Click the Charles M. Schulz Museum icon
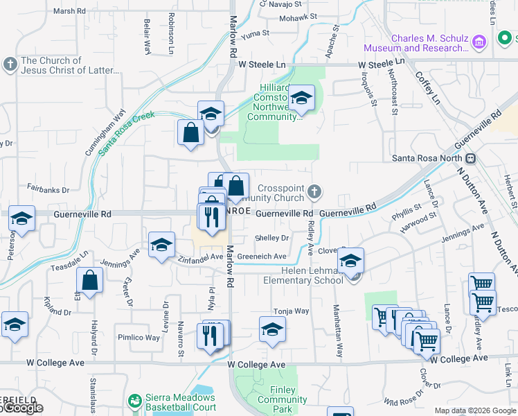[x=479, y=43]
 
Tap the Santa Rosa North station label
[x=427, y=158]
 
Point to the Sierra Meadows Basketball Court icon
[x=134, y=401]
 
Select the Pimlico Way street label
[x=139, y=338]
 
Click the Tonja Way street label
[x=291, y=311]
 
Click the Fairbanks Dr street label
[x=48, y=189]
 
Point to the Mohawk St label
[x=299, y=16]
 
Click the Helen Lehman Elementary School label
[x=303, y=275]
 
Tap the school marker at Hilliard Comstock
[x=302, y=99]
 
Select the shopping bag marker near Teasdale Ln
[x=90, y=281]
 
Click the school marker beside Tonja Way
[x=273, y=329]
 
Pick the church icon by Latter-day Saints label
[x=10, y=65]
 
